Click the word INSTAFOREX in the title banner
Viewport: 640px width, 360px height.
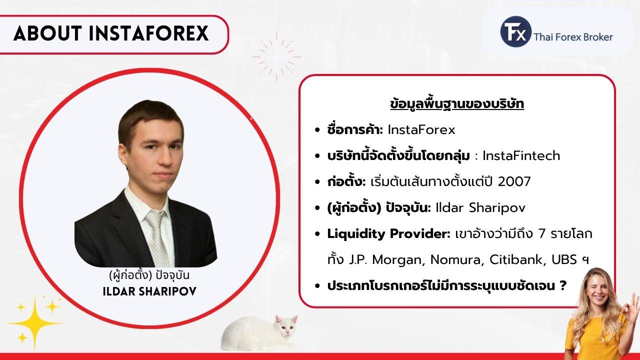(148, 33)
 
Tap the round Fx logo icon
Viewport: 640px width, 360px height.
(516, 31)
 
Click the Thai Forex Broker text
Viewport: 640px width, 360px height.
(573, 37)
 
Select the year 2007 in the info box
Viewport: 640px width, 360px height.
(514, 181)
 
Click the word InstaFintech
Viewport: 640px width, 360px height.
(521, 155)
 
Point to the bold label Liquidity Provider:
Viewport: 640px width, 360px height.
(389, 234)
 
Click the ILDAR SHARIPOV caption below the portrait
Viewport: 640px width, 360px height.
(149, 291)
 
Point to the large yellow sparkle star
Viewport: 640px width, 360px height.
(35, 323)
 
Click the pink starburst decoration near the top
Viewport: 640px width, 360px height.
(276, 57)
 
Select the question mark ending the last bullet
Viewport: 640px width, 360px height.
(562, 285)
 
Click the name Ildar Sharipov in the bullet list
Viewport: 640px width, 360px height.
(480, 208)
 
